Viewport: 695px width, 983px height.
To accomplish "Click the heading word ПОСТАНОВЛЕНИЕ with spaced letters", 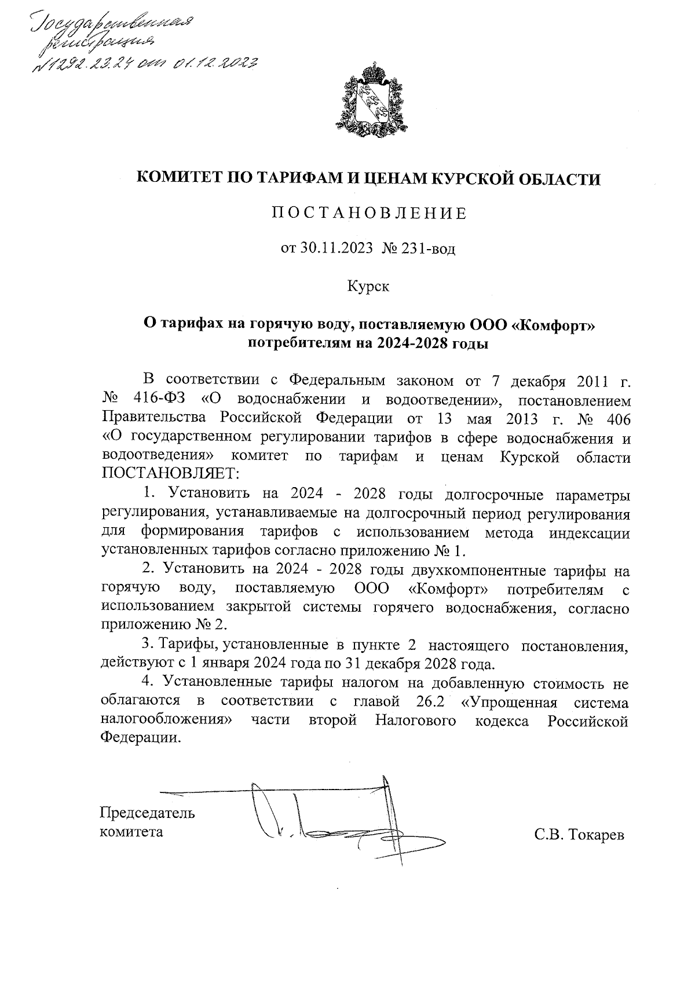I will pyautogui.click(x=369, y=214).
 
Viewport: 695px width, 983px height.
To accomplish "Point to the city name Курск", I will pyautogui.click(x=368, y=286).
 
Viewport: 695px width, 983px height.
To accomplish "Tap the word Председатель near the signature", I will pyautogui.click(x=148, y=813).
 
